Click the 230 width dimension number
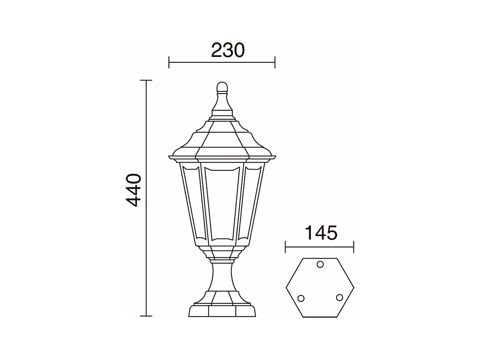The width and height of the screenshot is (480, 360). [x=228, y=51]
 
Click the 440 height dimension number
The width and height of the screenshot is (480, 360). [x=134, y=190]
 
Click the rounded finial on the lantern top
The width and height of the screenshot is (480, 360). [x=222, y=87]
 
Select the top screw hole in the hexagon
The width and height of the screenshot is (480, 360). [x=320, y=265]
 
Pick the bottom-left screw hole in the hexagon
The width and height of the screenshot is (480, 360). [x=301, y=298]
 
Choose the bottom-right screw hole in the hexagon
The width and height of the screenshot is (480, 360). [x=340, y=298]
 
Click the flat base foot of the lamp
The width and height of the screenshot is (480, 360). [x=222, y=311]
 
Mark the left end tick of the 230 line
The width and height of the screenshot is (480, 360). [x=169, y=62]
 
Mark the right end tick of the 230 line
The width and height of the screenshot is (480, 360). [x=275, y=62]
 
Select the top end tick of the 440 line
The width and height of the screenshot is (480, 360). [x=146, y=80]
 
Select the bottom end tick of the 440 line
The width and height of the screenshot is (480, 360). [x=146, y=316]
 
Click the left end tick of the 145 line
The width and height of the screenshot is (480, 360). [x=285, y=247]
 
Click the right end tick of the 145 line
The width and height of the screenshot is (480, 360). [x=353, y=247]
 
